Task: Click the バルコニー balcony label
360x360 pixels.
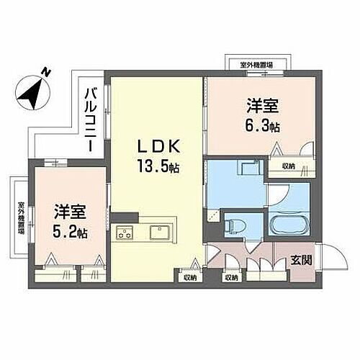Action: [91, 119]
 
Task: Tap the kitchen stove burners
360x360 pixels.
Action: [125, 233]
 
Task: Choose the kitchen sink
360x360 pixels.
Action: [159, 232]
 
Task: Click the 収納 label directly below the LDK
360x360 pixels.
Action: [189, 276]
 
